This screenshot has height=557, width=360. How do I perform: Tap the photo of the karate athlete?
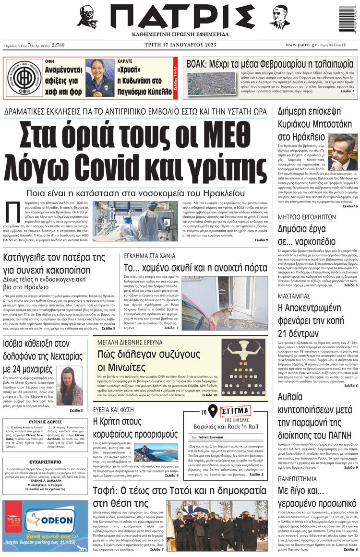(x=99, y=78)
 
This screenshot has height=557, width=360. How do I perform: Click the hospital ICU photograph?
(x=136, y=221)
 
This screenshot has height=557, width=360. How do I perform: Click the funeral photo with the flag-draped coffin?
(x=218, y=525)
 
